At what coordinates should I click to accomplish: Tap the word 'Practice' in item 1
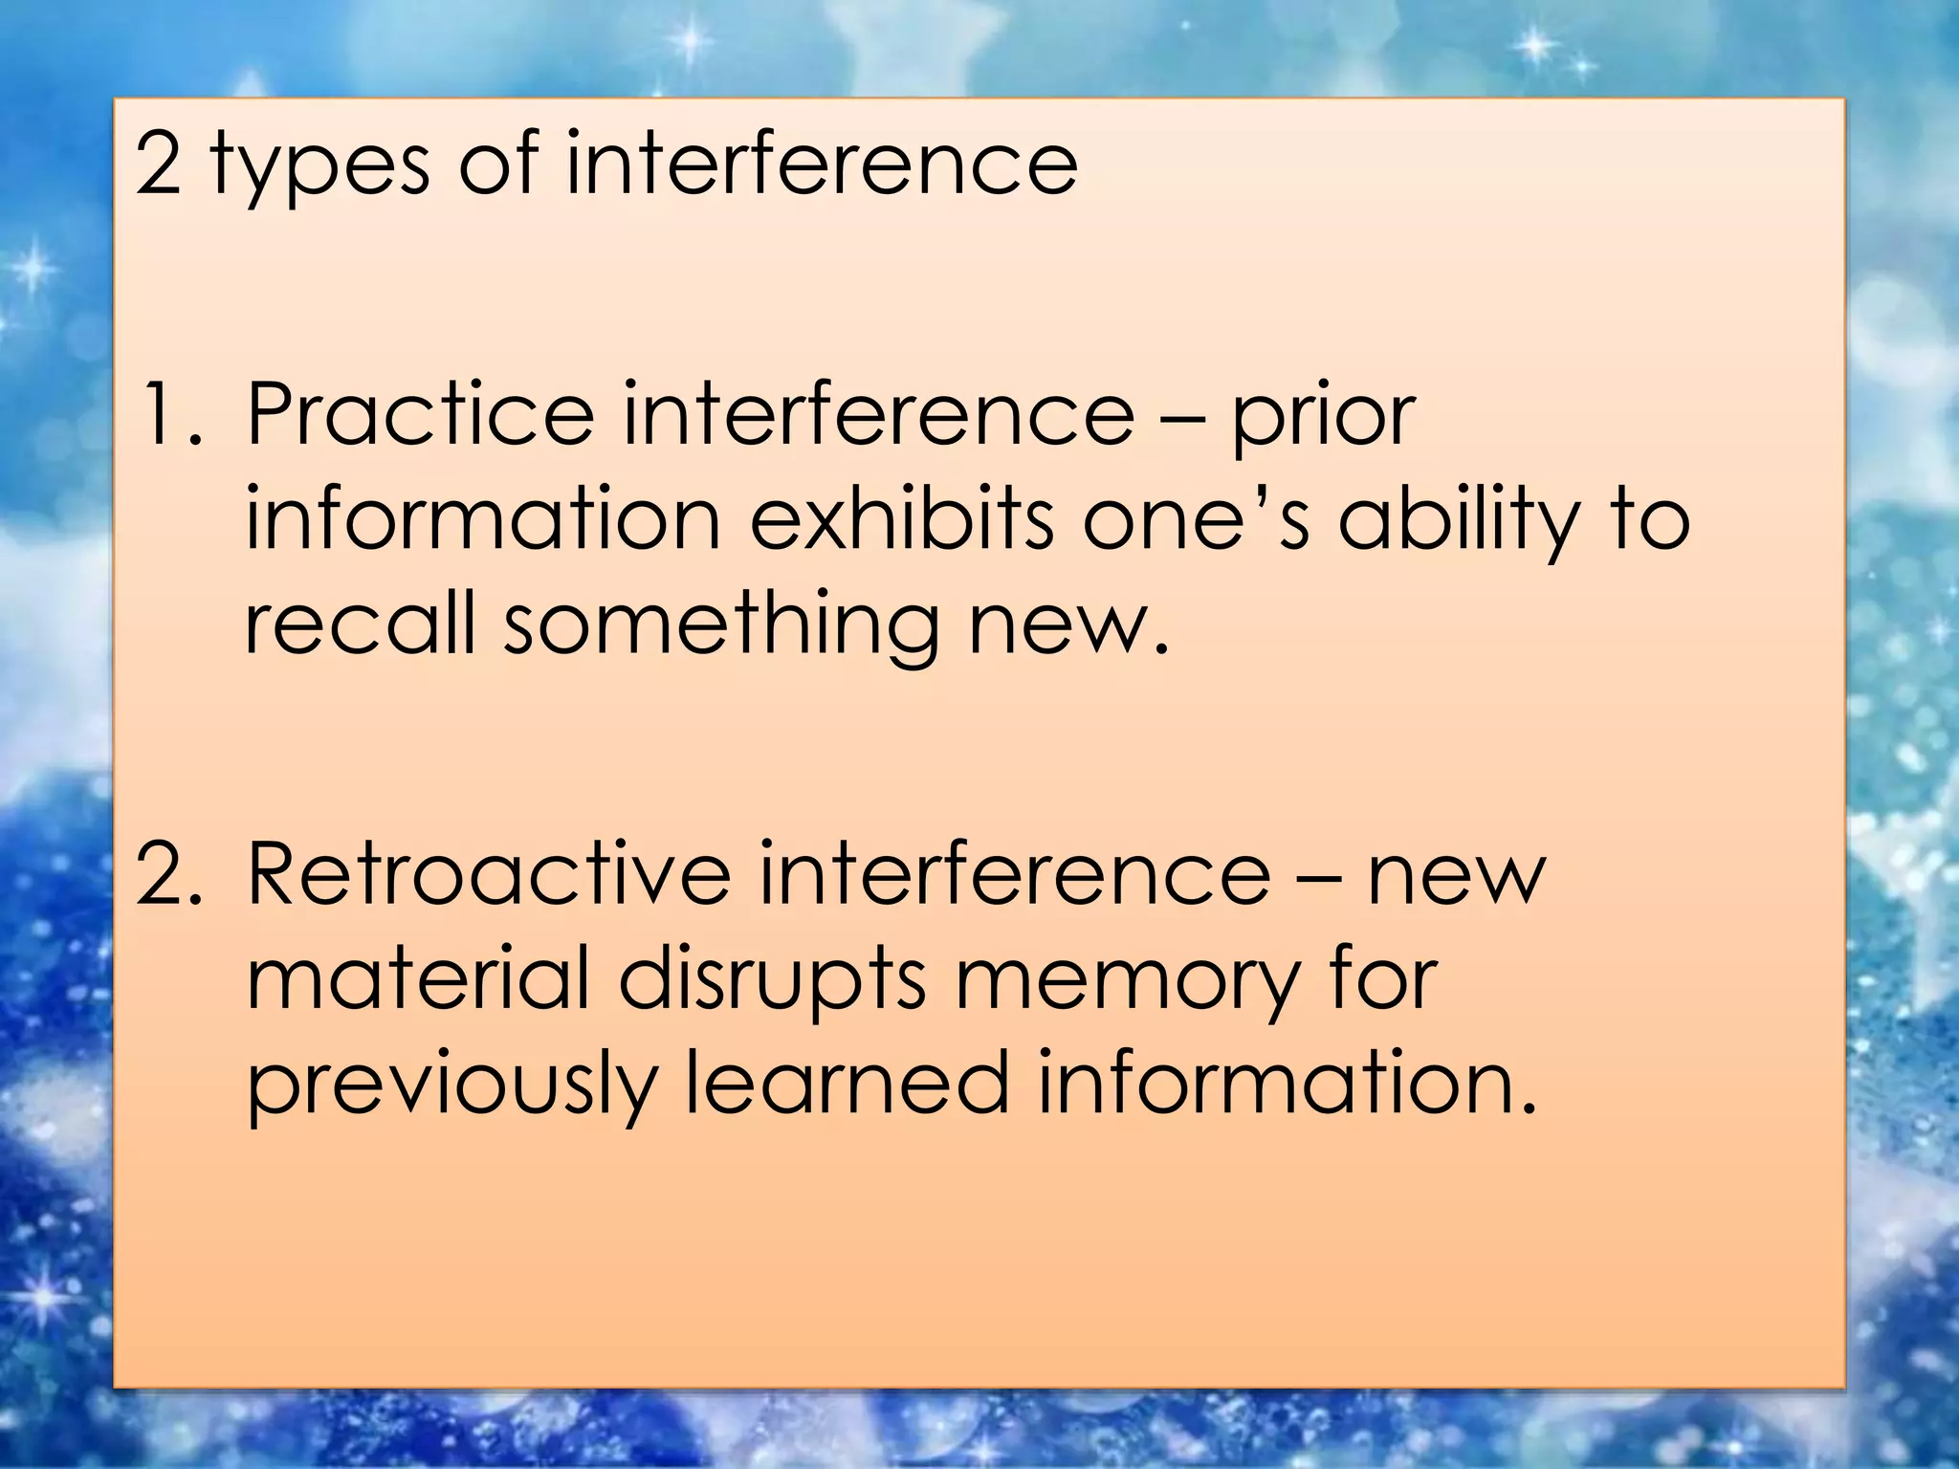coord(420,414)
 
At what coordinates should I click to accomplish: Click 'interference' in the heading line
coord(822,164)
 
